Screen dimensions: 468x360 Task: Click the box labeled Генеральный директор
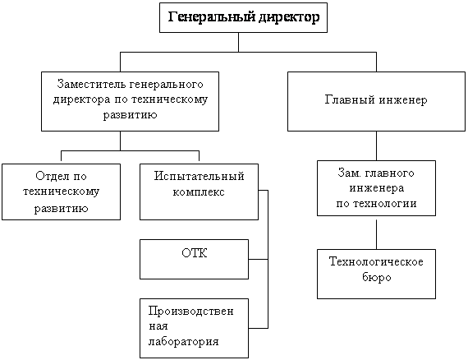pyautogui.click(x=243, y=17)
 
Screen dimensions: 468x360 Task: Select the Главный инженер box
pyautogui.click(x=376, y=101)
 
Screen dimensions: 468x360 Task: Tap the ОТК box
pyautogui.click(x=194, y=260)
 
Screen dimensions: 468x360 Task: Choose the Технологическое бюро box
pyautogui.click(x=376, y=274)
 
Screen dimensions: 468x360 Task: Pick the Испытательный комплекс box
pyautogui.click(x=199, y=192)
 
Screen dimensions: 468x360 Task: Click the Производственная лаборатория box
pyautogui.click(x=194, y=328)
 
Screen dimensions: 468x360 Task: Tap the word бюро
pyautogui.click(x=377, y=277)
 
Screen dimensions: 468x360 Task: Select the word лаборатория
pyautogui.click(x=184, y=341)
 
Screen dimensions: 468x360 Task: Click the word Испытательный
pyautogui.click(x=199, y=176)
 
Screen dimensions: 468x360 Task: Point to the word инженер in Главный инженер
pyautogui.click(x=403, y=99)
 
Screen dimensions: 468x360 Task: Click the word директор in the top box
pyautogui.click(x=289, y=17)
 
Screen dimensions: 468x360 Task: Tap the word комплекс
pyautogui.click(x=199, y=192)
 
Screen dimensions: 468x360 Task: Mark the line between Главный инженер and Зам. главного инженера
pyautogui.click(x=376, y=145)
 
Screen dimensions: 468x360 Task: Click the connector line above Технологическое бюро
pyautogui.click(x=376, y=234)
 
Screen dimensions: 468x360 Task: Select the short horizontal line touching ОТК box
pyautogui.click(x=258, y=260)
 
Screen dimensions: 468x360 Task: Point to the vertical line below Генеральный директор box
pyautogui.click(x=238, y=42)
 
